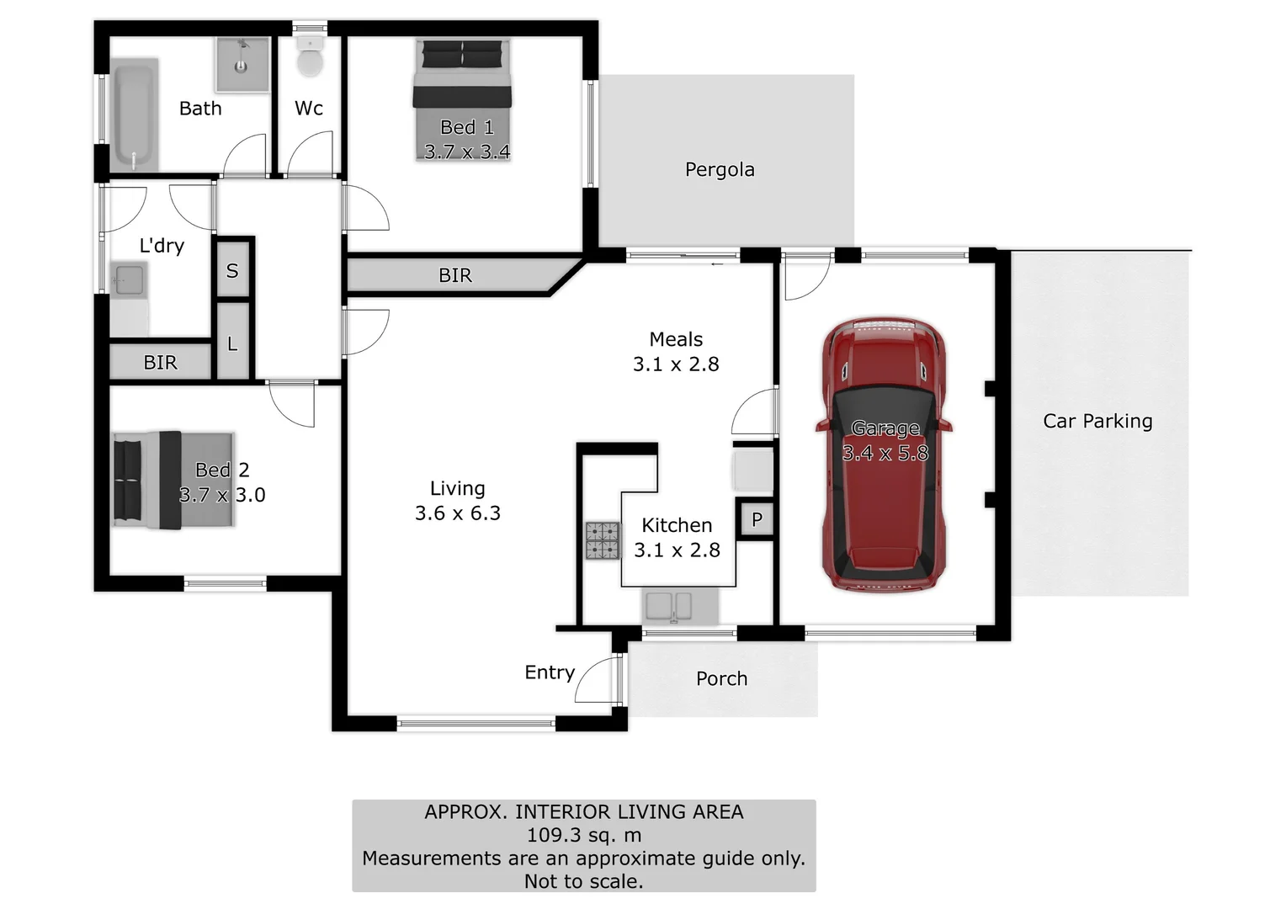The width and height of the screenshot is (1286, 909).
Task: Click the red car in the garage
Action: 883,454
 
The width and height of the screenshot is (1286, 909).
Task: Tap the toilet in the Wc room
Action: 310,59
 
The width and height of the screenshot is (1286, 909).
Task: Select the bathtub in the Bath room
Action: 135,114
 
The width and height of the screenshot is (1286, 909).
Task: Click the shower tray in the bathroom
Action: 242,64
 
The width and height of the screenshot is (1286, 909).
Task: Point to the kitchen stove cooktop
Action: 603,540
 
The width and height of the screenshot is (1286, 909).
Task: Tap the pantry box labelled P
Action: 757,519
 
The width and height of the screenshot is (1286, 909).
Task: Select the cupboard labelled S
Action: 232,270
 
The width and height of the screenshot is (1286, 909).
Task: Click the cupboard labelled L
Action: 232,343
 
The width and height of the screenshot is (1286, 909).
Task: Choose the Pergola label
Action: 720,170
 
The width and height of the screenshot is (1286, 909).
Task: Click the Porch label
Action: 721,678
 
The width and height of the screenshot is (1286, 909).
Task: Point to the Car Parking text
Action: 1097,421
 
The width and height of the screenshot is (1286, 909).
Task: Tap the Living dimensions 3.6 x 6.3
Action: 457,513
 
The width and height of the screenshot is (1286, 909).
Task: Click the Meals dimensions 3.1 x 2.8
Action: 676,364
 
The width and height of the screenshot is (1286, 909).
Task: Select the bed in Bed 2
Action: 173,481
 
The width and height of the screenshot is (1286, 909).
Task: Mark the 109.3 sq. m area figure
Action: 583,835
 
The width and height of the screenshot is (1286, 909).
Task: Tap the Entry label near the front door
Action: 549,672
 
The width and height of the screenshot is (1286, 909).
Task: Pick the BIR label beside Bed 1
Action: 454,275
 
